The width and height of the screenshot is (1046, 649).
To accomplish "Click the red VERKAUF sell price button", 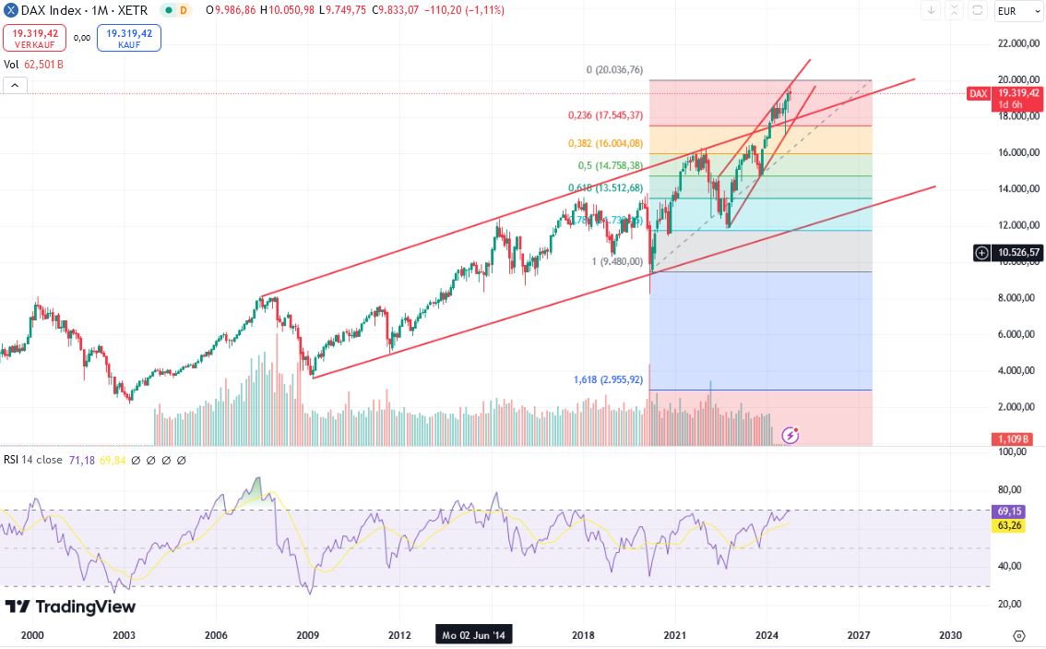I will click(x=34, y=37).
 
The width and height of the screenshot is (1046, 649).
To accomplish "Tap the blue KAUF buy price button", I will click(x=128, y=37).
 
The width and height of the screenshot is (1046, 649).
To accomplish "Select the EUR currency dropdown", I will click(x=1017, y=11).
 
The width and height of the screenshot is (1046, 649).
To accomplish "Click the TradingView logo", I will click(x=70, y=607).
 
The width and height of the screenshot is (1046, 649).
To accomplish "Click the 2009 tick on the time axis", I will click(x=307, y=635).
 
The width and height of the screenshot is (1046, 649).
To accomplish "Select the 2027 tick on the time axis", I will click(x=859, y=635).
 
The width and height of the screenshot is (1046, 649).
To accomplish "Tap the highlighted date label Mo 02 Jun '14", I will click(x=474, y=635).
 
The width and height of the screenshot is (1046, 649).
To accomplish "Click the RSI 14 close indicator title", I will click(x=33, y=460).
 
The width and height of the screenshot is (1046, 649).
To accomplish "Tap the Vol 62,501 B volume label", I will click(x=33, y=65).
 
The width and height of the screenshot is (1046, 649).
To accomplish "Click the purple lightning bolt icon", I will click(x=790, y=434).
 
